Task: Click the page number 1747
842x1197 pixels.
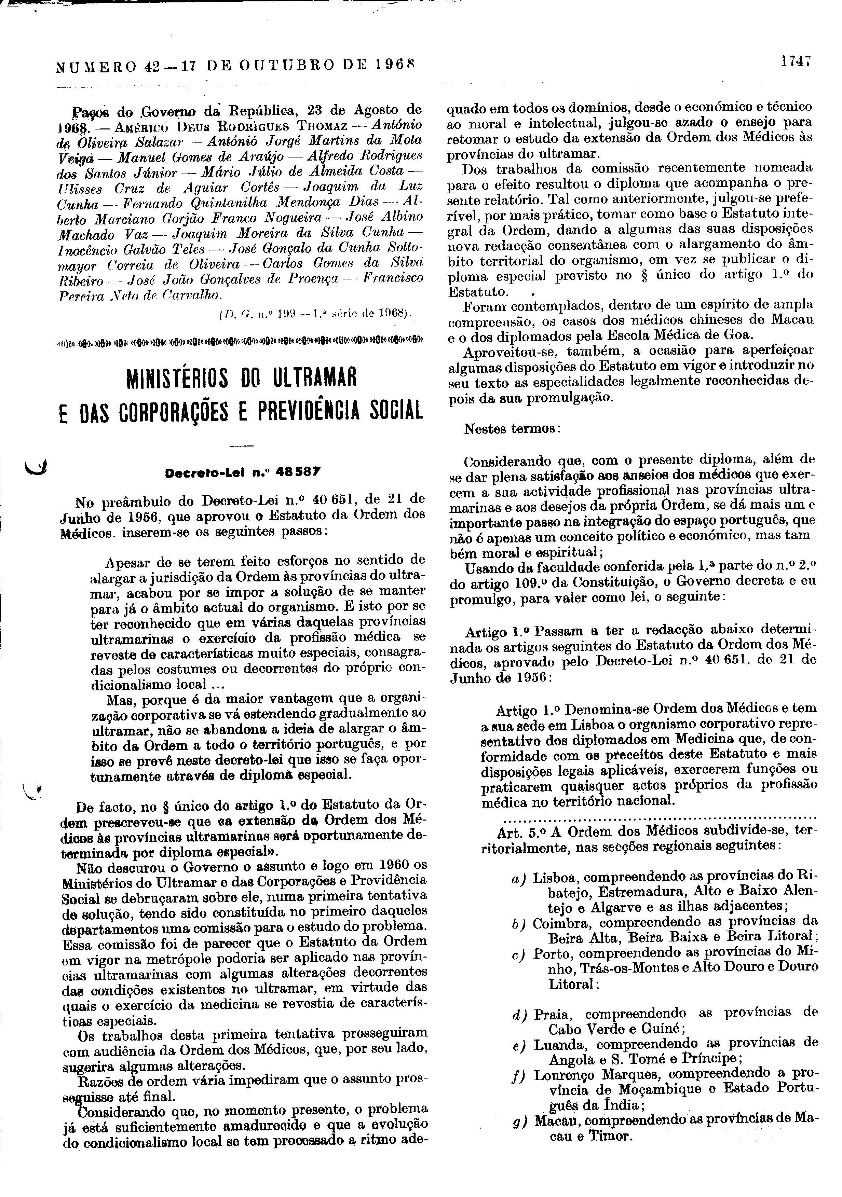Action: point(796,61)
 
